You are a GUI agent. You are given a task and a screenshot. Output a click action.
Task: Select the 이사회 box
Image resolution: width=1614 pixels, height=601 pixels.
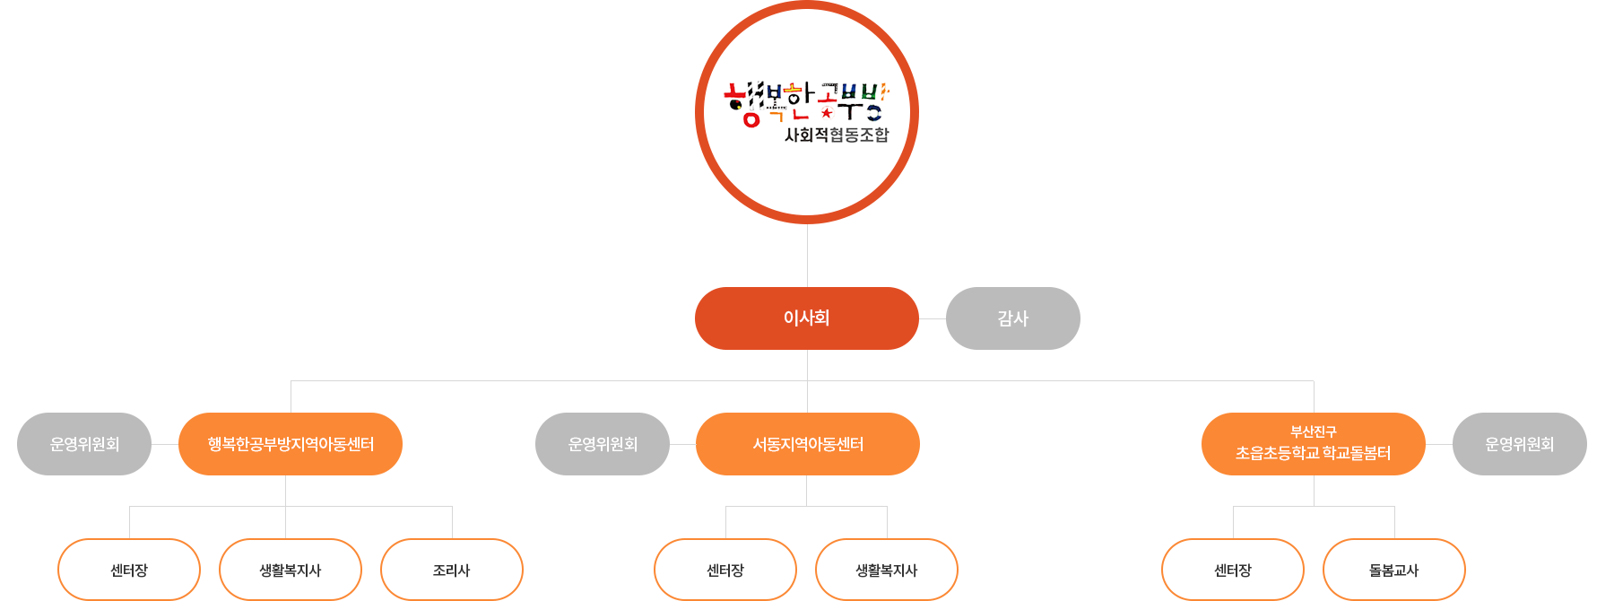[806, 318]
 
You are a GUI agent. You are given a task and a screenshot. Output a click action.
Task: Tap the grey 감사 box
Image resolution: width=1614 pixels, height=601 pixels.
[1012, 318]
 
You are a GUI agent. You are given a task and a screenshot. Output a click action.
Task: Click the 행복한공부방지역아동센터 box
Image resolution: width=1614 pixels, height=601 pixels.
[290, 443]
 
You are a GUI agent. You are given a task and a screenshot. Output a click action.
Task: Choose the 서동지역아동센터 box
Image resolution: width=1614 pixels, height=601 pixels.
[807, 443]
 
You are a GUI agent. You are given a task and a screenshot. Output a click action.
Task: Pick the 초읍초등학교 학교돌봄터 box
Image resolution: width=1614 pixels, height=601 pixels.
[1313, 453]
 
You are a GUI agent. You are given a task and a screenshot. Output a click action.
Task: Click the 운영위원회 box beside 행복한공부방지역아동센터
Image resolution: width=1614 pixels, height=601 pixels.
[83, 443]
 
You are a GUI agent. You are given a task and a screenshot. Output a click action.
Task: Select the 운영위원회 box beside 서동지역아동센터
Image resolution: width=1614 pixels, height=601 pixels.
[603, 443]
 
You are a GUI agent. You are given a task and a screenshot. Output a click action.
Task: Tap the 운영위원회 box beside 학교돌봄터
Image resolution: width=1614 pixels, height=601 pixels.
[1519, 443]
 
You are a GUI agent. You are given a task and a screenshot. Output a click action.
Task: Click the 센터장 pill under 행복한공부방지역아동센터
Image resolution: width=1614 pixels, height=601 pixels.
[129, 570]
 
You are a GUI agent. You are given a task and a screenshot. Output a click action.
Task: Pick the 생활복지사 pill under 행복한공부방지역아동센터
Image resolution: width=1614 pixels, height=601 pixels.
[291, 570]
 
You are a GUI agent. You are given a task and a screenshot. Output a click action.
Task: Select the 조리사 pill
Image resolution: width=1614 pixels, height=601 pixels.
[452, 570]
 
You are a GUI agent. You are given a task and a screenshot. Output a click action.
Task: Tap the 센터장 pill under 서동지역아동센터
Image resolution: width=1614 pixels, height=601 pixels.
[725, 570]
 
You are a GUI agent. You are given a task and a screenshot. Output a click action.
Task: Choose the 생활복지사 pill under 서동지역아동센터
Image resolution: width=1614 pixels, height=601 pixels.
[887, 570]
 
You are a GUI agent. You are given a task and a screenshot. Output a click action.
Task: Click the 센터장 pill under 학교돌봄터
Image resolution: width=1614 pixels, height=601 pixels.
[1233, 570]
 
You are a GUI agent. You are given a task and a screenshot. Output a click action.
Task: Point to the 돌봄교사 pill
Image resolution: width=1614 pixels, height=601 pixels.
[1394, 570]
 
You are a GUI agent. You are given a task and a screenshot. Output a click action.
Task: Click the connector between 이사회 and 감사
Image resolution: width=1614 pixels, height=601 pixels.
[932, 318]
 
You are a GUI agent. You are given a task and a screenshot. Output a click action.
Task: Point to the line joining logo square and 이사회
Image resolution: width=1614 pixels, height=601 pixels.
[807, 255]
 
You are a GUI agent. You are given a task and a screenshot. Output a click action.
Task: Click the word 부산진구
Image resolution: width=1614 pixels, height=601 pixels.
[1313, 431]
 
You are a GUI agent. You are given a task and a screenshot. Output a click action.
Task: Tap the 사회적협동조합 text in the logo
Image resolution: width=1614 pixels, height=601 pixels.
[837, 135]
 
